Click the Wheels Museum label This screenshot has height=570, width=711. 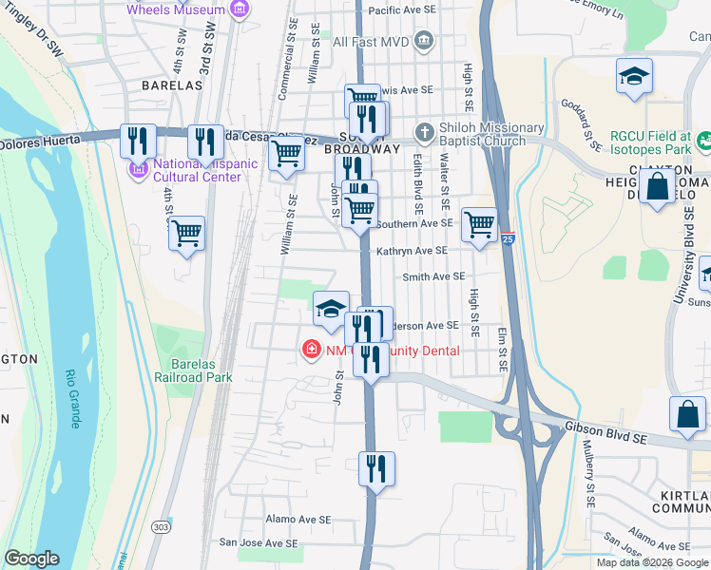coord(177,10)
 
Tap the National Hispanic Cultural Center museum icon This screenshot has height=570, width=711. coord(136,170)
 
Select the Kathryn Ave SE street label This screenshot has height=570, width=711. coord(411,251)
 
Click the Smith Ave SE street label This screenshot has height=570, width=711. coord(433,276)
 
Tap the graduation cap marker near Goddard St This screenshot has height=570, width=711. coord(634,76)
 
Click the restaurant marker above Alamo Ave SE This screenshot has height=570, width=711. coord(376,468)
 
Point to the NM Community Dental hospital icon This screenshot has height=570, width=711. coord(310,351)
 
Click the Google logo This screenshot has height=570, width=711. coord(31,559)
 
